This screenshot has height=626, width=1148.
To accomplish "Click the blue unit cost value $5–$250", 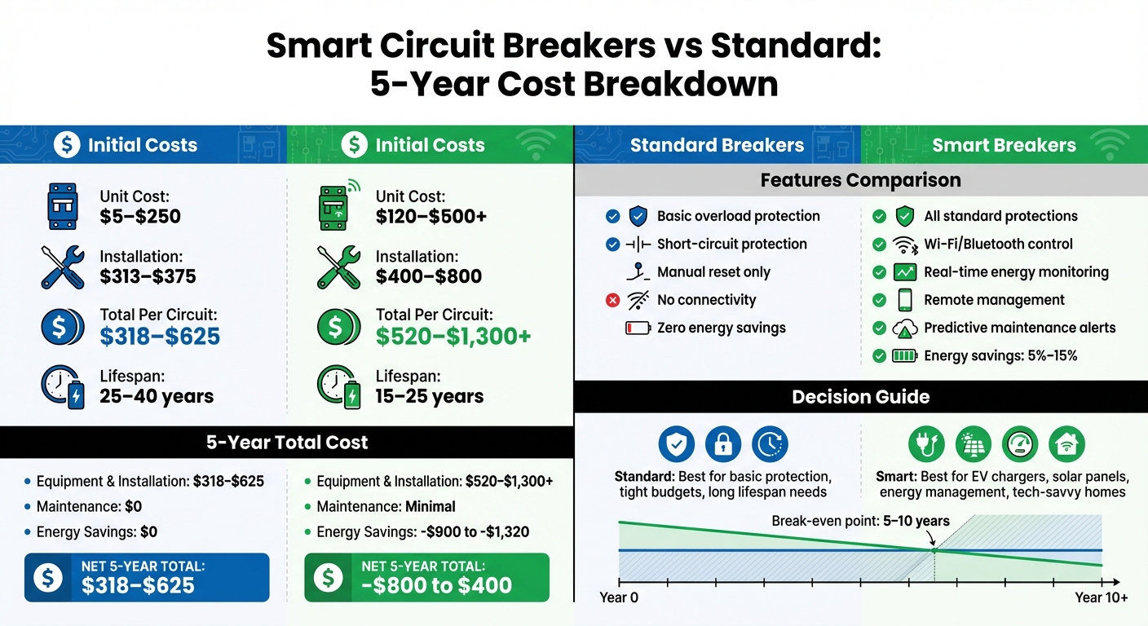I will click(x=140, y=217).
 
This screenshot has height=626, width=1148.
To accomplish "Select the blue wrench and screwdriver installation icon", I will click(x=62, y=267).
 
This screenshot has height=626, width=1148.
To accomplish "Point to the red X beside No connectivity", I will click(x=613, y=301).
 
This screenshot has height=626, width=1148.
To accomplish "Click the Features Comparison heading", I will click(x=860, y=180).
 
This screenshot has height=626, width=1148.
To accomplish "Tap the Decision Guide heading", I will click(x=860, y=397).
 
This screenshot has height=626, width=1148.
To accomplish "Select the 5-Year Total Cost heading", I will click(x=286, y=443).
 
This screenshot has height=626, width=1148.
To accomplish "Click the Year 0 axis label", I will click(x=619, y=598).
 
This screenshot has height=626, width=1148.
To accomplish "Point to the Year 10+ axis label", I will click(x=1102, y=598).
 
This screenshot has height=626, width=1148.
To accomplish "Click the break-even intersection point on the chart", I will click(x=934, y=551).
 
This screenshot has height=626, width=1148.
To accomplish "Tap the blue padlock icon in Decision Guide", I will click(x=722, y=443).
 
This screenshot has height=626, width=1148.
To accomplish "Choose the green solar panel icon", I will click(x=974, y=443).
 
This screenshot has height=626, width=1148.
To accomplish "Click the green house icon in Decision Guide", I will click(x=1066, y=443).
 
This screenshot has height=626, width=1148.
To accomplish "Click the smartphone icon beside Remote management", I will click(x=905, y=300).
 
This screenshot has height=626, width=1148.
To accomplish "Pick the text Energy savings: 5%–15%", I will click(x=1000, y=356).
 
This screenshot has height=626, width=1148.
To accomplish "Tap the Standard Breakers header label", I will click(x=717, y=146).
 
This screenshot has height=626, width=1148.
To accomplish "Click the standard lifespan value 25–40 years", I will click(x=157, y=397).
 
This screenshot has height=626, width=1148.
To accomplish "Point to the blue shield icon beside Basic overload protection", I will click(x=638, y=216).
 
